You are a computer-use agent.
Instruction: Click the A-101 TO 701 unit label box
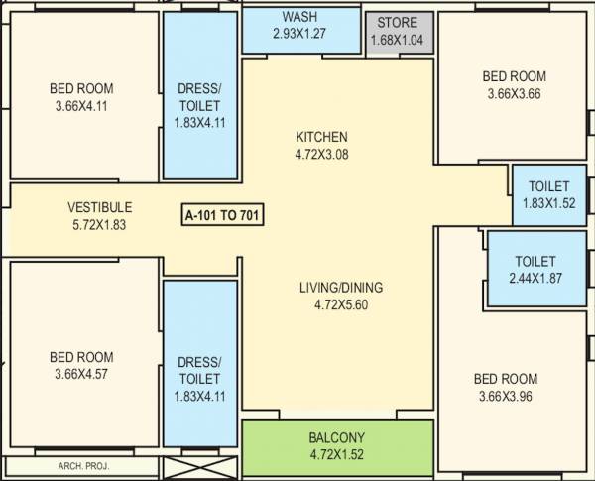[x=223, y=213]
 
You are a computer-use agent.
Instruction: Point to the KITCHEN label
[x=322, y=137]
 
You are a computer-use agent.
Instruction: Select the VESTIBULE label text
[x=99, y=207]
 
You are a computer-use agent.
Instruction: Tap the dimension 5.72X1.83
[x=99, y=224]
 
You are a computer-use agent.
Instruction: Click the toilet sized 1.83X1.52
[x=548, y=194]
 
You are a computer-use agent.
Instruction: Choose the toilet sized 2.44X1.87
[x=535, y=269]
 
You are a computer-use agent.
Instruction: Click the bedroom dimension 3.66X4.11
[x=81, y=105]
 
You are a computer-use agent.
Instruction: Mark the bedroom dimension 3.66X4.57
[x=81, y=374]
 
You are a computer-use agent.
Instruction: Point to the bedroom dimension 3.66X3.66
[x=514, y=94]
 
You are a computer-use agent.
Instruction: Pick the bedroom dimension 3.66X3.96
[x=506, y=397]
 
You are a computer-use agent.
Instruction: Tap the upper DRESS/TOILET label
[x=199, y=97]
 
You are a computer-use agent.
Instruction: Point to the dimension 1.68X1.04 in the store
[x=399, y=41]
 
